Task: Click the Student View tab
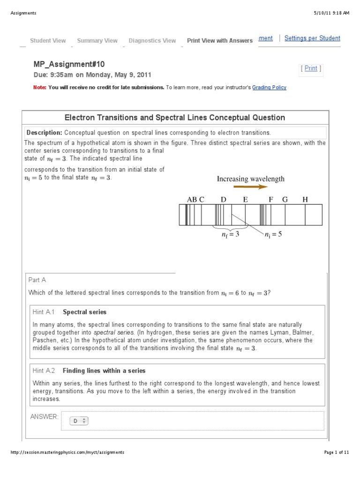tap(48, 41)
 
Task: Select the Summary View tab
tap(97, 41)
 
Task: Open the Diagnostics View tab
tap(152, 41)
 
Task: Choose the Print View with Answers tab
tap(219, 41)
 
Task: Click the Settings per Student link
tap(312, 38)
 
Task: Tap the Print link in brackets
tap(311, 68)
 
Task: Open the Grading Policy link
tap(269, 87)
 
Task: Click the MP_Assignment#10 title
tap(69, 64)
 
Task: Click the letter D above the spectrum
tap(224, 199)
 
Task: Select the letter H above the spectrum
tap(305, 199)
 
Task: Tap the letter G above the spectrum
tap(285, 199)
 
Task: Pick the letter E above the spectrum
tap(245, 199)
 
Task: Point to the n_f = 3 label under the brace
tap(230, 234)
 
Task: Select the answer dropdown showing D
tap(79, 421)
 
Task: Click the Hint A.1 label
tap(44, 312)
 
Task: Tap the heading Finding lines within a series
tap(104, 371)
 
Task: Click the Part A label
tap(37, 280)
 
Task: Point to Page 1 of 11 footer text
tap(337, 452)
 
